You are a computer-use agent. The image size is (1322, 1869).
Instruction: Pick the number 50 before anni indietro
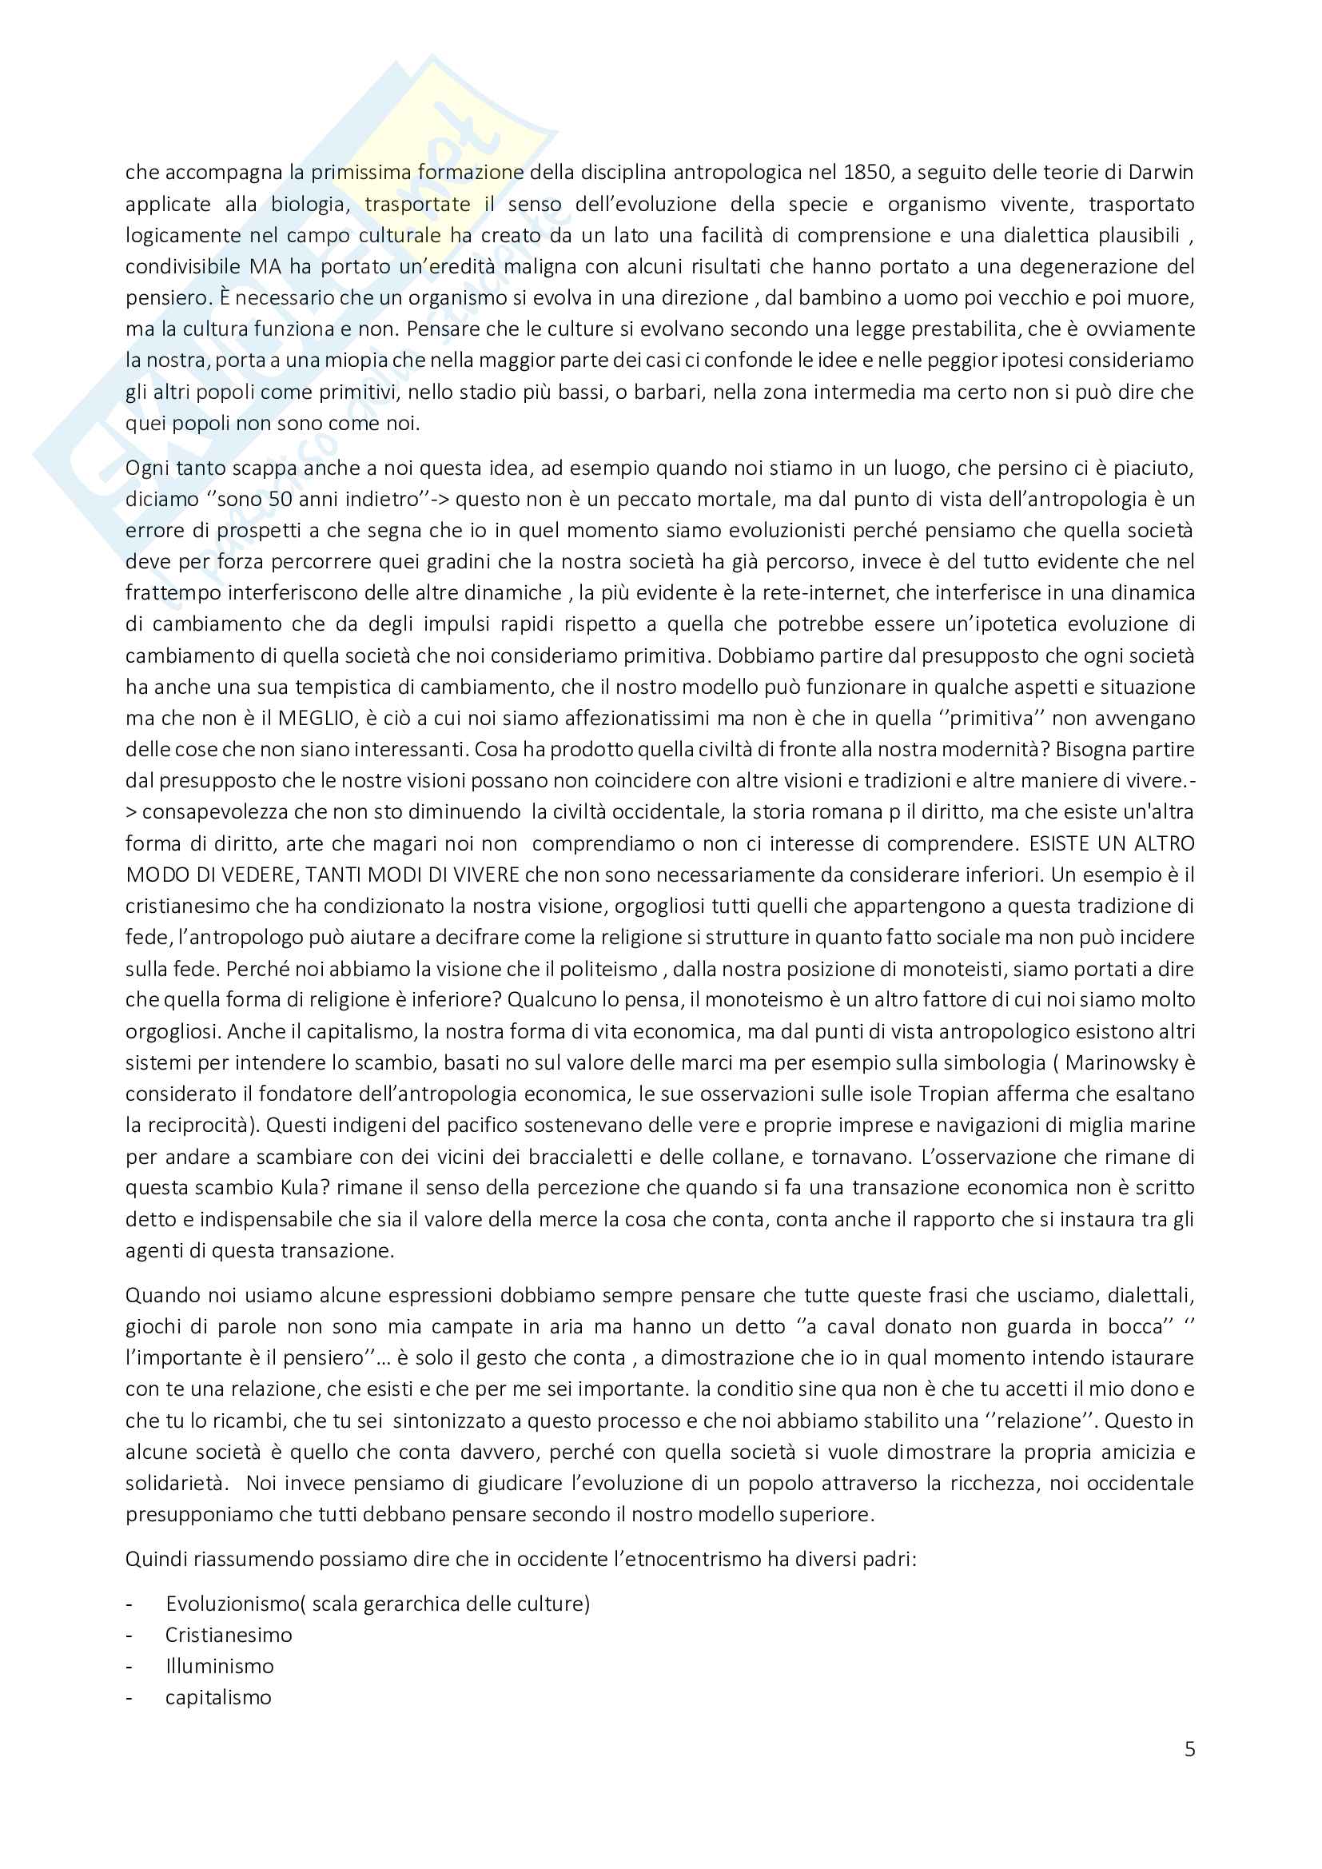point(279,499)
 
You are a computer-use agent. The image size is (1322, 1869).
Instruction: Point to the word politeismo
point(600,969)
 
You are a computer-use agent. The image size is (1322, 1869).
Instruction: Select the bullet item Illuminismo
point(220,1666)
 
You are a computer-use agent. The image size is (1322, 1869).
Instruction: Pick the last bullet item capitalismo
point(218,1697)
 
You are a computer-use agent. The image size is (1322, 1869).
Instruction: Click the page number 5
point(1189,1749)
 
